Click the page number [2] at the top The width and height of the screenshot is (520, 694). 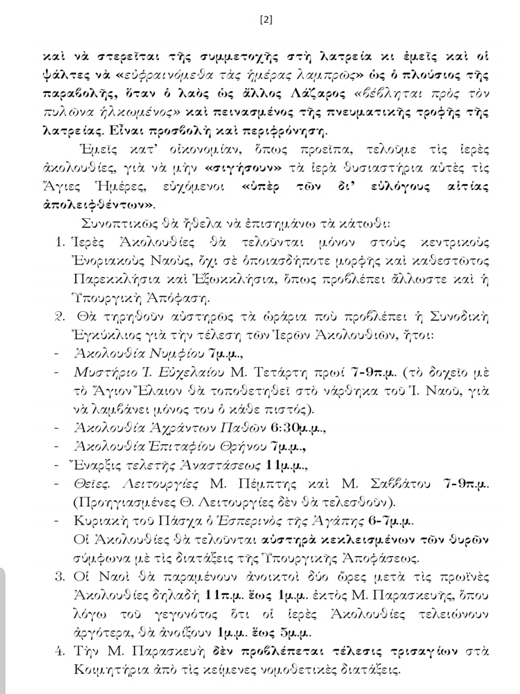tap(266, 20)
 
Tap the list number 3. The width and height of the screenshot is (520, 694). tap(60, 577)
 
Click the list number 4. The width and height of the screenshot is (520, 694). tap(60, 652)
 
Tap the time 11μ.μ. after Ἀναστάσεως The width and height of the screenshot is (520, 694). tap(286, 466)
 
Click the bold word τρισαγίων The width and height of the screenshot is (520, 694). tap(424, 652)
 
